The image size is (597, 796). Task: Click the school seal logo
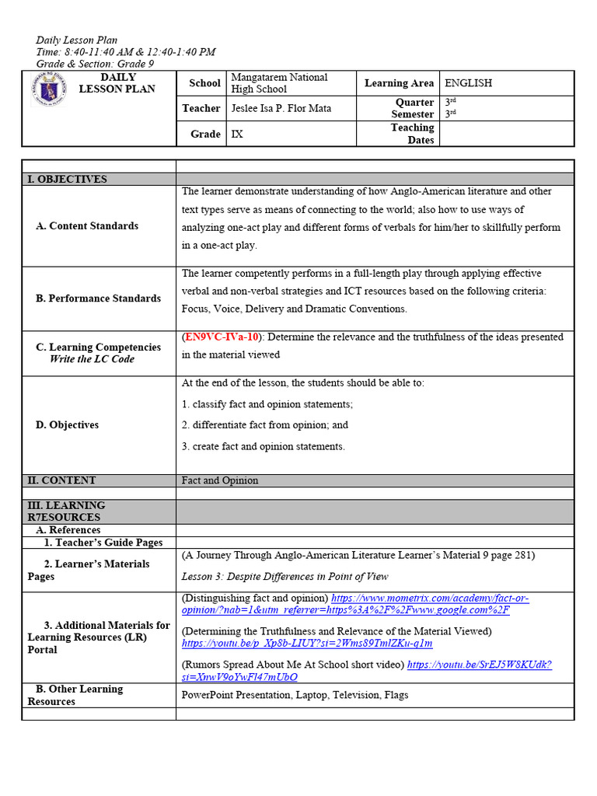click(x=49, y=90)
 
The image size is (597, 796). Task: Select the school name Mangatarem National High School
click(x=279, y=83)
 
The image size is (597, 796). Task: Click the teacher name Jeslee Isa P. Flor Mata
click(x=281, y=108)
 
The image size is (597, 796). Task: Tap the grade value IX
click(x=237, y=134)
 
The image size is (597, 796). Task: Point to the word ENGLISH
click(x=468, y=83)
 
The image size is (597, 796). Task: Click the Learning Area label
click(x=399, y=83)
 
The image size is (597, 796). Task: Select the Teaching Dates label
click(x=412, y=134)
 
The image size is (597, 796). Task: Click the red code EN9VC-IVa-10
click(x=222, y=337)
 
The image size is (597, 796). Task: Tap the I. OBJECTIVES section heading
click(x=68, y=179)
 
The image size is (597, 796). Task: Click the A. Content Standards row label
click(x=87, y=226)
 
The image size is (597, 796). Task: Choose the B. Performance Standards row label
click(x=99, y=298)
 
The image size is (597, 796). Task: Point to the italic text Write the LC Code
click(x=92, y=359)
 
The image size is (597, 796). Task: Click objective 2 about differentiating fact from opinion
click(x=265, y=425)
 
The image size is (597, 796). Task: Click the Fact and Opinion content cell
click(x=220, y=480)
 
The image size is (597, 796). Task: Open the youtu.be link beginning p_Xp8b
click(x=307, y=644)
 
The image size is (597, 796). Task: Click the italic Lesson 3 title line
click(x=285, y=576)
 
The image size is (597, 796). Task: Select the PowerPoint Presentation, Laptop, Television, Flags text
click(x=295, y=695)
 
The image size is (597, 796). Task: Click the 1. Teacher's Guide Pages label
click(x=103, y=543)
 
